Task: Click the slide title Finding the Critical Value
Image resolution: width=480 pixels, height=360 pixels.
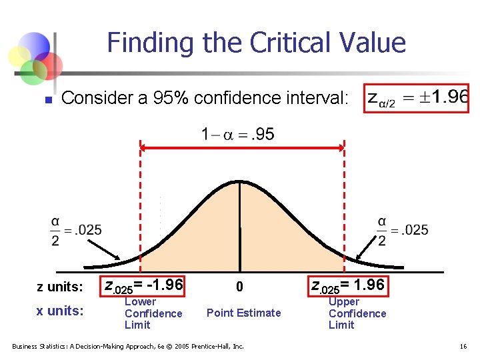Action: point(256,43)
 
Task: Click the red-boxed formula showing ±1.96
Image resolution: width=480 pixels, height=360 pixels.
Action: point(417,98)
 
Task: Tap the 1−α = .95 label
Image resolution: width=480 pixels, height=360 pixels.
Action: point(237,135)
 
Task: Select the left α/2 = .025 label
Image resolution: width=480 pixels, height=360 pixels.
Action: point(76,230)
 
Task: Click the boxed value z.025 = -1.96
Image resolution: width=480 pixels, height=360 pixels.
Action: point(143,285)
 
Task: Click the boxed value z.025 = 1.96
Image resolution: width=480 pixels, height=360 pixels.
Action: point(347,285)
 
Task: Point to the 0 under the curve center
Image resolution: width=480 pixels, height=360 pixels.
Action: point(241,287)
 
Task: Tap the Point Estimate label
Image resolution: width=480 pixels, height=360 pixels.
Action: point(244,313)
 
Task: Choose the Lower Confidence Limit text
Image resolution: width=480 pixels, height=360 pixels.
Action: point(153,313)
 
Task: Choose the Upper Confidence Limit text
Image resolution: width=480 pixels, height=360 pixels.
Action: point(357,313)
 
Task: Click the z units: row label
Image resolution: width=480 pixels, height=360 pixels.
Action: point(60,287)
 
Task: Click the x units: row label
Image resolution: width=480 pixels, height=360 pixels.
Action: point(60,311)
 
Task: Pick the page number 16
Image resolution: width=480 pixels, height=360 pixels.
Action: point(464,346)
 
